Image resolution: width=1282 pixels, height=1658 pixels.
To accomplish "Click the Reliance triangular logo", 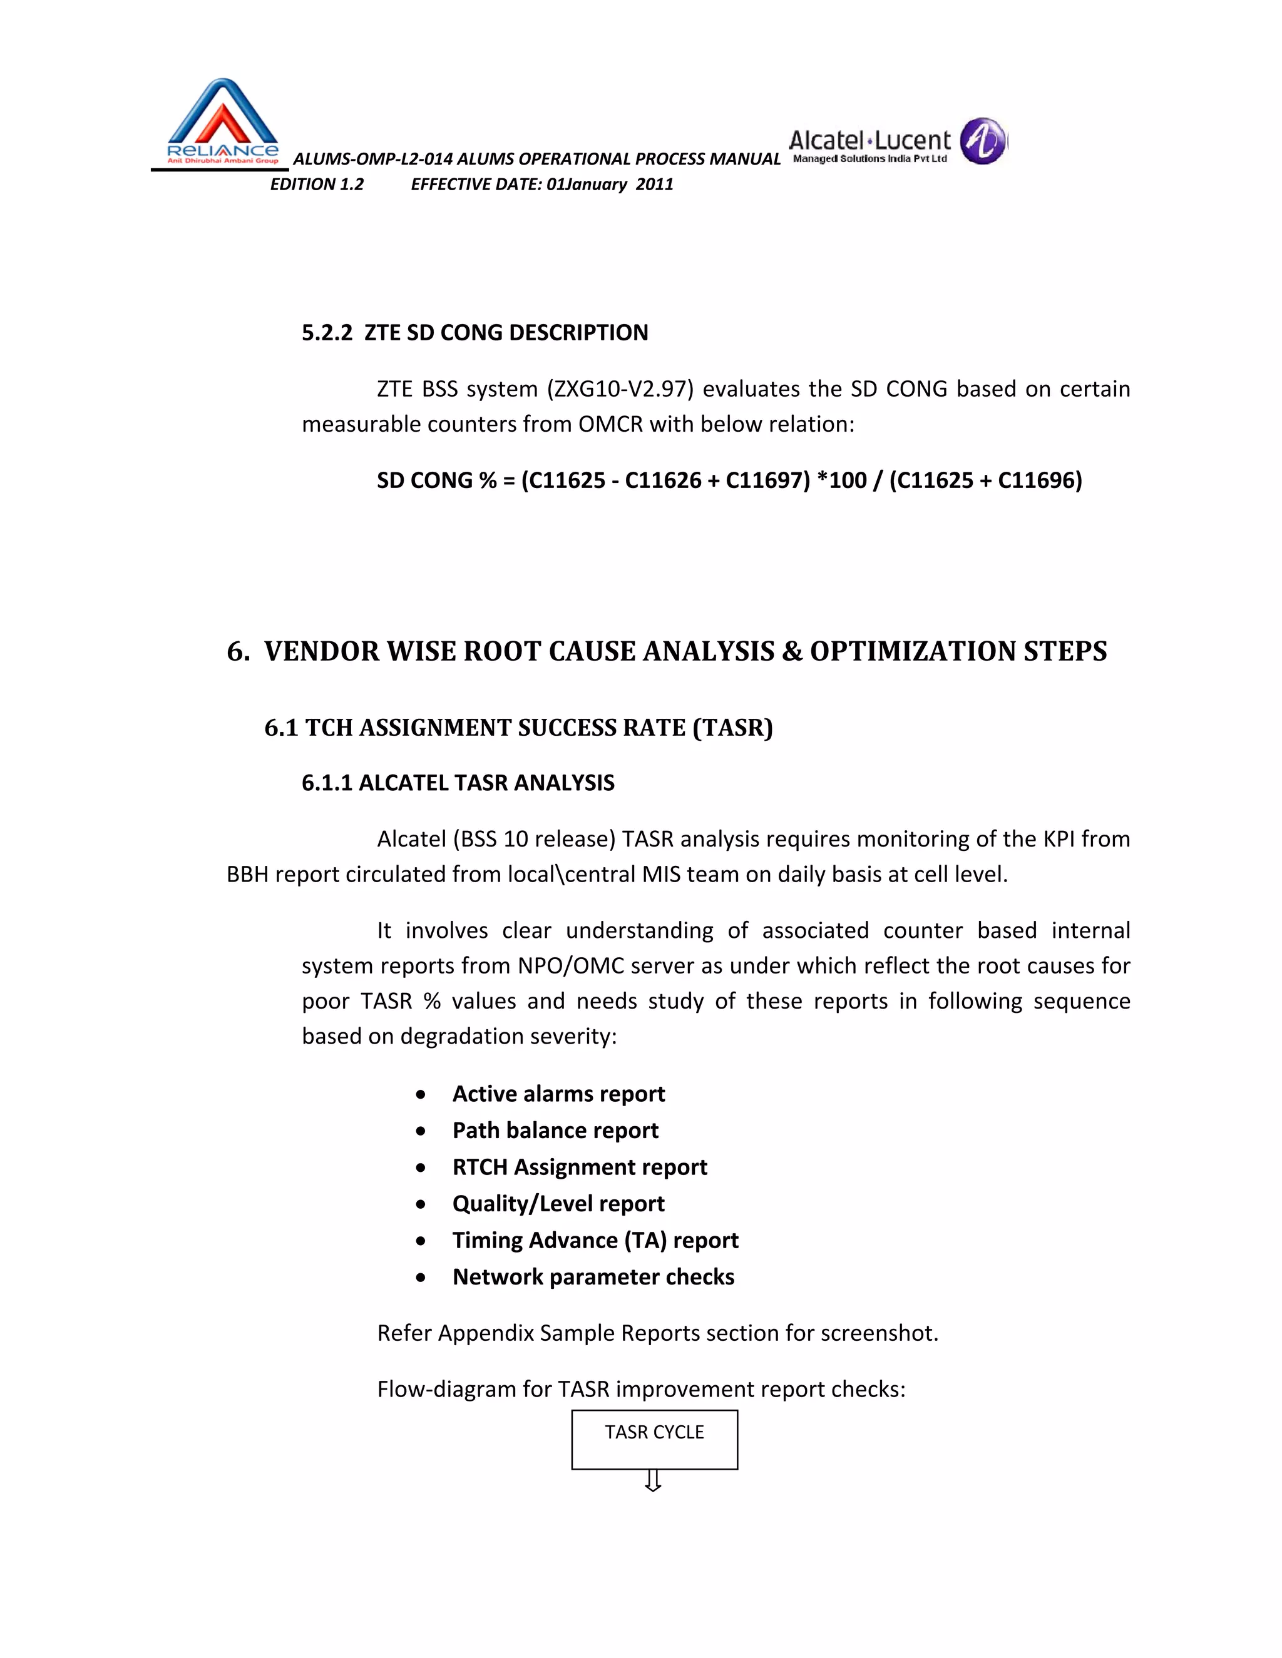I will [222, 121].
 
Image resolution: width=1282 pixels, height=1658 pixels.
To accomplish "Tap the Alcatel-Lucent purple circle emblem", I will [983, 141].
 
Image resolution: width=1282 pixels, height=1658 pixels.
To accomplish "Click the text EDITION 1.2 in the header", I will [317, 185].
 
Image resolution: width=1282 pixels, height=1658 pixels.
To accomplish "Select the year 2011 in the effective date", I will [655, 185].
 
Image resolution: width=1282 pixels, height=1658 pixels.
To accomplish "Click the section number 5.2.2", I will [327, 332].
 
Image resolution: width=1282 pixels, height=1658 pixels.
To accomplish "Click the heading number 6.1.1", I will [327, 783].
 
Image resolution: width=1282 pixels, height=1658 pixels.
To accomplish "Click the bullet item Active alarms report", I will [558, 1094].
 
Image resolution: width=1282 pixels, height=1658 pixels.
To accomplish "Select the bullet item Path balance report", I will [555, 1131].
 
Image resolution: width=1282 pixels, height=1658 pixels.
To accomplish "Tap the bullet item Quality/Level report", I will [558, 1203].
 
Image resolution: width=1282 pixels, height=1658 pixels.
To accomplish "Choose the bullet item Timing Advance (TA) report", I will [595, 1239].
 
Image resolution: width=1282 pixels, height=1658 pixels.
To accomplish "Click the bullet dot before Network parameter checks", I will [421, 1278].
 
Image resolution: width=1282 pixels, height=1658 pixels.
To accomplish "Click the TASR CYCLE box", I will [654, 1440].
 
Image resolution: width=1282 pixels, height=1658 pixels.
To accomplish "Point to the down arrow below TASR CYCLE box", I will [652, 1481].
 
